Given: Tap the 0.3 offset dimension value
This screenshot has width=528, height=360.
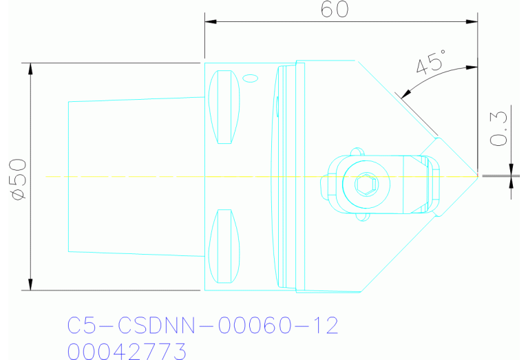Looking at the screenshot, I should pos(499,129).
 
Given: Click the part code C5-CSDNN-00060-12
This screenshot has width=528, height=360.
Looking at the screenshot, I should pos(203,326).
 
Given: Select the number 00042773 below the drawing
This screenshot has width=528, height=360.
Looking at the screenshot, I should pos(127,350).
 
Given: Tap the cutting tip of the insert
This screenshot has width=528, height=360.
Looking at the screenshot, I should pos(477,176).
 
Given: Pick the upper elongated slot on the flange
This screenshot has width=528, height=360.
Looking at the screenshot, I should pos(224,106).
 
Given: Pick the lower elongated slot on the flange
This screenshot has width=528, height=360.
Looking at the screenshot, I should pos(224,246).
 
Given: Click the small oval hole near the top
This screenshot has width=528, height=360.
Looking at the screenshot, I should pos(251,78).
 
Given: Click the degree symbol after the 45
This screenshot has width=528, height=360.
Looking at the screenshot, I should pos(445,56).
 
